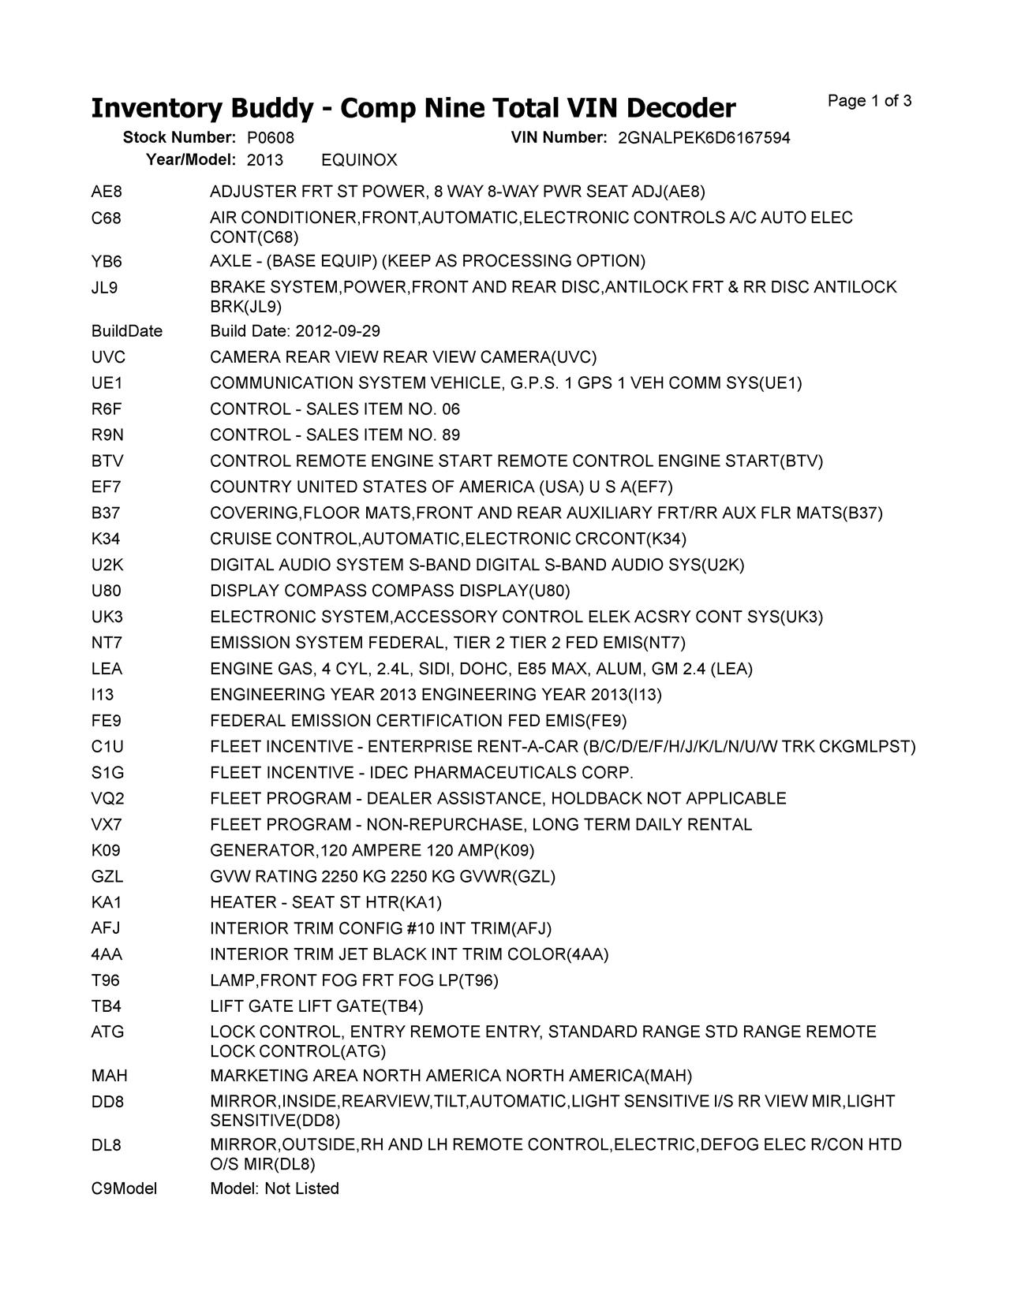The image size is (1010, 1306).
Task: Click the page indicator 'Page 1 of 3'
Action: (870, 101)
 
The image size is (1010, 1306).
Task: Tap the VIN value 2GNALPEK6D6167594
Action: (703, 138)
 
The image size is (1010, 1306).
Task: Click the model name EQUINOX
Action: (359, 161)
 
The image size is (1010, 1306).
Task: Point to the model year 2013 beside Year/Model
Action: (264, 161)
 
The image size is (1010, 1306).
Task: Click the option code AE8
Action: (107, 192)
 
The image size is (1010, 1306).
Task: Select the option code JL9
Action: (104, 287)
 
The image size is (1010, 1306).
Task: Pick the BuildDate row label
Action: (126, 331)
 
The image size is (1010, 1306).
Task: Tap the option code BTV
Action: (107, 461)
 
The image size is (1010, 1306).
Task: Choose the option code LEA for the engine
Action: (107, 670)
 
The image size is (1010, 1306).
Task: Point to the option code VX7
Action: (107, 825)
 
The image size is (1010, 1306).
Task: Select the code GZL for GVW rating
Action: (107, 877)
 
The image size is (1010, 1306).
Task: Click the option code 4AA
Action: (107, 955)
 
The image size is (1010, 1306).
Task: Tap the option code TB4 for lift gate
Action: (107, 1007)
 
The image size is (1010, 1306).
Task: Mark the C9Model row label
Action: (124, 1188)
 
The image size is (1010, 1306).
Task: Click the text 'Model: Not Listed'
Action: (274, 1188)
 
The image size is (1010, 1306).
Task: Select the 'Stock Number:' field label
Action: (179, 138)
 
